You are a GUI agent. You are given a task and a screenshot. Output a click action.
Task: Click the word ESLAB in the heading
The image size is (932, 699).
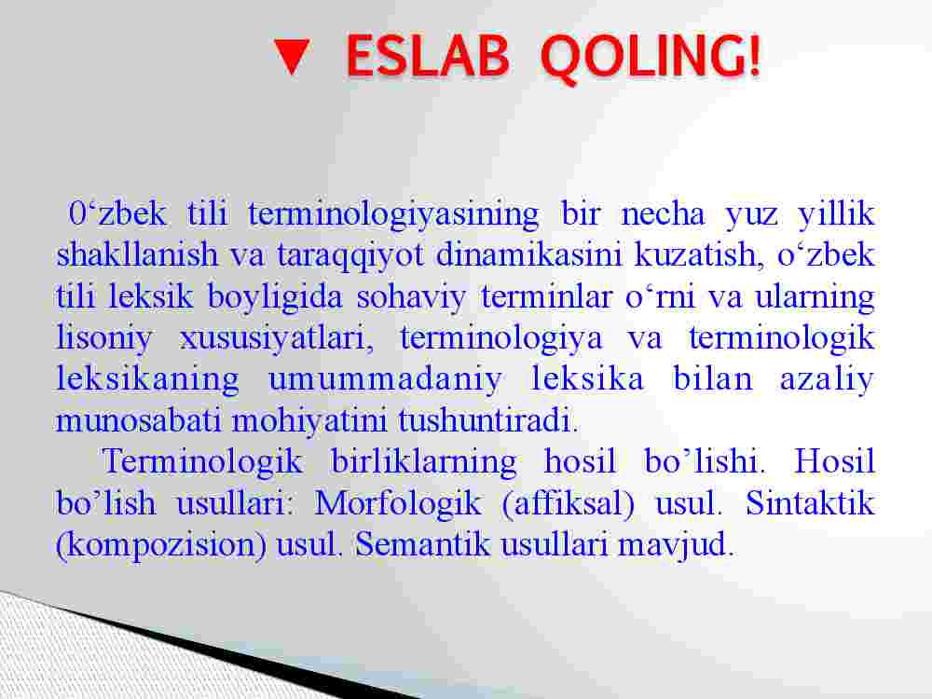[x=428, y=56]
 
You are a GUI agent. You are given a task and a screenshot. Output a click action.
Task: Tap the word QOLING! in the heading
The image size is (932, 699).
[x=651, y=58]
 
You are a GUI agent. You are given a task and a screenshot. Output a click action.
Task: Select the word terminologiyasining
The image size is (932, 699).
[x=393, y=215]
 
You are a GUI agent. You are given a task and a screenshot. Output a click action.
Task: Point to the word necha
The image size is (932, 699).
[x=663, y=213]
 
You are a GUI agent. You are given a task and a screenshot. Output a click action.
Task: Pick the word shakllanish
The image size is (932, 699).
[x=137, y=254]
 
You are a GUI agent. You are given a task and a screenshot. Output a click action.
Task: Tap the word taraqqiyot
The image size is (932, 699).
[x=350, y=256]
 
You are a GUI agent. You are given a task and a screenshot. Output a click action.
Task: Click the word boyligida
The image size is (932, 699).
[x=275, y=297]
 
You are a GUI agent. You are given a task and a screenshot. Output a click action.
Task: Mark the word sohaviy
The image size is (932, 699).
[x=411, y=297]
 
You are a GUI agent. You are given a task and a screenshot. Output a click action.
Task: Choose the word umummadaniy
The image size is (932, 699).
[x=385, y=380]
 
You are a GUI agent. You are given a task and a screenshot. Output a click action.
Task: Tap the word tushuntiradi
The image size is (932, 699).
[x=488, y=420]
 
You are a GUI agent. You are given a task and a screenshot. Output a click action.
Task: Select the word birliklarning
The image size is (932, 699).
[x=424, y=463]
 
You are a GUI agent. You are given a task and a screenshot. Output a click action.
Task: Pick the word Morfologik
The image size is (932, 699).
[x=398, y=504]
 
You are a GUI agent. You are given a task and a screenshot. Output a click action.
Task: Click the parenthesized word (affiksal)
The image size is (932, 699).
[x=569, y=504]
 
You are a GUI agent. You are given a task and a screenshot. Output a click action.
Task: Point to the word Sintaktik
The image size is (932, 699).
[x=810, y=502]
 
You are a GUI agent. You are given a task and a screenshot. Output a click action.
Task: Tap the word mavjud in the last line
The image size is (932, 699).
[x=675, y=545]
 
